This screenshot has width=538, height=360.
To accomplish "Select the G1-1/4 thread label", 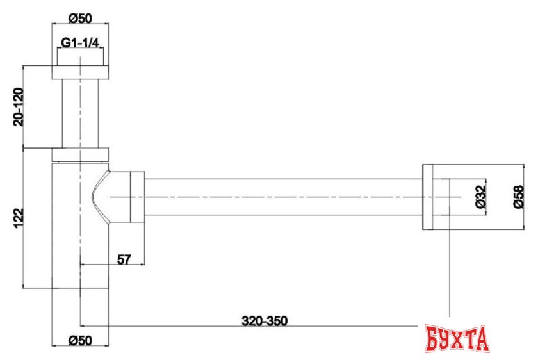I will (x=80, y=43).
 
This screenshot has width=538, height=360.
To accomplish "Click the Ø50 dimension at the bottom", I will (x=80, y=340).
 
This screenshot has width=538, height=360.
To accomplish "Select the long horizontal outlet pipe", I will (x=282, y=195).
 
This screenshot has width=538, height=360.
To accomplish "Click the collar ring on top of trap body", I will (x=80, y=154).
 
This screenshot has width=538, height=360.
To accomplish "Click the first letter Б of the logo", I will (x=434, y=337).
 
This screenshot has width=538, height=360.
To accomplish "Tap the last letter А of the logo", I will (x=481, y=337).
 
